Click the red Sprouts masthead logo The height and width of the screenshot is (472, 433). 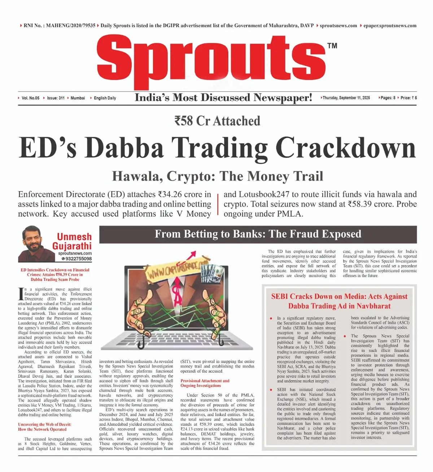coord(211,59)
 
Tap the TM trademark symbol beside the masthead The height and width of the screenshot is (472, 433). coord(332,45)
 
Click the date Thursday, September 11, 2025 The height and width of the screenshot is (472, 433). coord(346,98)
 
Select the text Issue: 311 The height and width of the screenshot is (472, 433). coord(56,98)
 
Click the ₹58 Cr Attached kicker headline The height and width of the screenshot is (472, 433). coord(217,121)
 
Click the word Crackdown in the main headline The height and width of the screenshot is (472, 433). coord(346,148)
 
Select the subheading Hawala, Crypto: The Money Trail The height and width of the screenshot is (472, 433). coord(217,176)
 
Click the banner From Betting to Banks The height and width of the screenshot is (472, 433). coord(258,234)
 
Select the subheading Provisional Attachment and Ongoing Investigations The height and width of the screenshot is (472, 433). coord(205,383)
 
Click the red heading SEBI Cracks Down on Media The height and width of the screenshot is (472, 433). coord(339,301)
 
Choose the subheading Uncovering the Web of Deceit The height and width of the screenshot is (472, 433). coord(44,427)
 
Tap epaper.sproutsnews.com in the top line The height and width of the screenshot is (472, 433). coord(390,26)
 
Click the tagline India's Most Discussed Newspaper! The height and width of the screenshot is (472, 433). coord(223,98)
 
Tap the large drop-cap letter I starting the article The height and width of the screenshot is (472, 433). coord(21,294)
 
